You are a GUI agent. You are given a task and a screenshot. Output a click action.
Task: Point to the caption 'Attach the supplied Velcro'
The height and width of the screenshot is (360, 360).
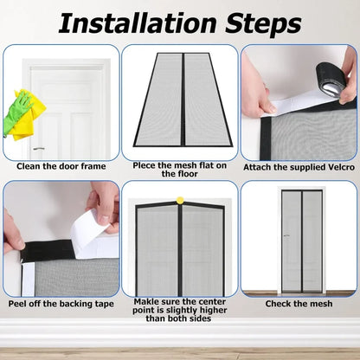(x=299, y=166)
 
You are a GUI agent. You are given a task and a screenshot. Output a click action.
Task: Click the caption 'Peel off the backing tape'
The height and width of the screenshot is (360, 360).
(x=61, y=304)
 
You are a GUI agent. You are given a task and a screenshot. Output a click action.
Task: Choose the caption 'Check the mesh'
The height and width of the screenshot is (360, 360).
(x=299, y=304)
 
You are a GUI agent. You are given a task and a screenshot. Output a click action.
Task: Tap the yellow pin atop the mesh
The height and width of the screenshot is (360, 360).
(x=180, y=200)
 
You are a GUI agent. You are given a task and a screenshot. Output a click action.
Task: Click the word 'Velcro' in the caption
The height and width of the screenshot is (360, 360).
(x=336, y=166)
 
